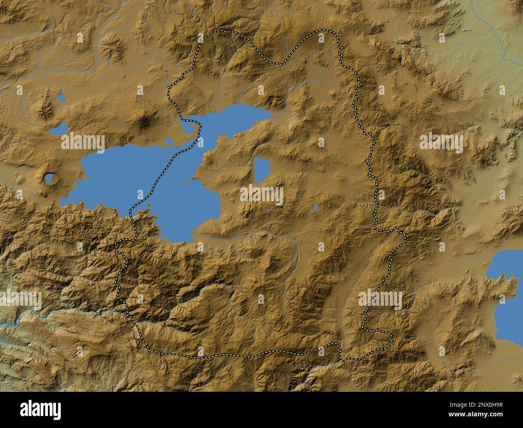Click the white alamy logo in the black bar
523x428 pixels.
pos(41,410)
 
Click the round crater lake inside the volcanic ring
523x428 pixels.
pos(50,178)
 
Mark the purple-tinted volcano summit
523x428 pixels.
pos(142,119)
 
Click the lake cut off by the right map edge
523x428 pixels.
pos(508,293)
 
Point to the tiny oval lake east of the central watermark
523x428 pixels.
pos(316,207)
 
